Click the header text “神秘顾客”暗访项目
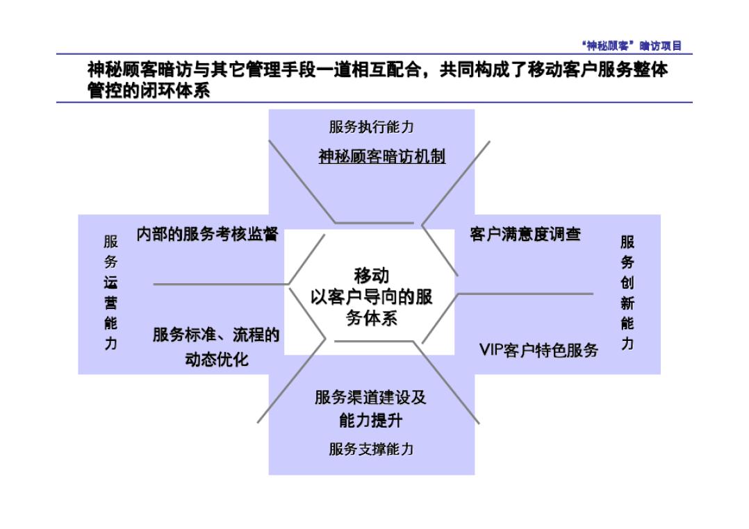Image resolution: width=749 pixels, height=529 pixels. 632,47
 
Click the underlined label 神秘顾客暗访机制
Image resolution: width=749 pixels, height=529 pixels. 381,156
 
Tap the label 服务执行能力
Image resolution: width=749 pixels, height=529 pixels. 371,127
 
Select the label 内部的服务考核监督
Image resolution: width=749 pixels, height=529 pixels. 207,235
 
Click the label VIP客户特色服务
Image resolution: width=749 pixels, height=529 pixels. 538,350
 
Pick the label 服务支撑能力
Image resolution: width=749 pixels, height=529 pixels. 371,449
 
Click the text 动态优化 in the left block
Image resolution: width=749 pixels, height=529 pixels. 216,360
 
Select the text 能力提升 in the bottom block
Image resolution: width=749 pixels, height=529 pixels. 371,421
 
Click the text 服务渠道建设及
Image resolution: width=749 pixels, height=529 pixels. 370,398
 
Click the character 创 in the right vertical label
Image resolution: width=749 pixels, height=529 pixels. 627,283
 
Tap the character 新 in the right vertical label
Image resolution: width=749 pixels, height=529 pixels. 627,303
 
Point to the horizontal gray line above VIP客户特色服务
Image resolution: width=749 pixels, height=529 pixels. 528,294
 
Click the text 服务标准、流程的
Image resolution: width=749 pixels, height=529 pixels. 216,336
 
